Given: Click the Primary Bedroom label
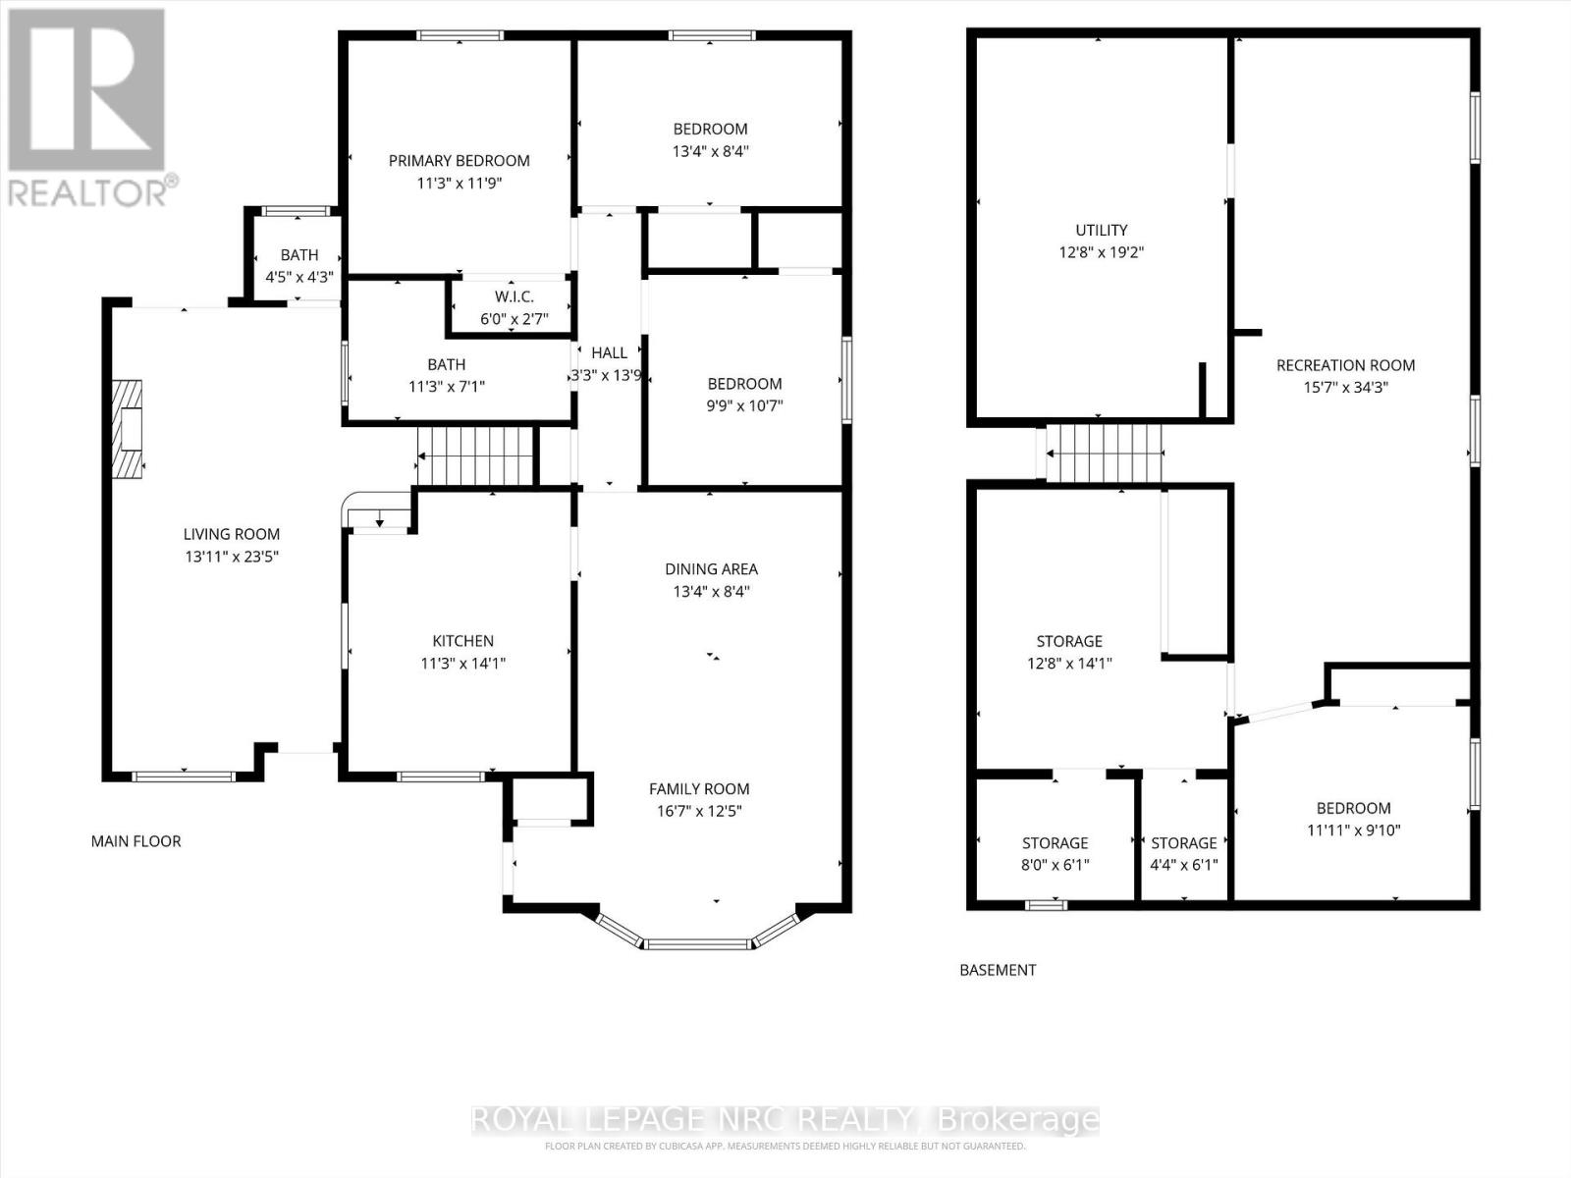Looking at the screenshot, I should pyautogui.click(x=459, y=161).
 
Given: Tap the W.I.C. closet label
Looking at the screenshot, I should pyautogui.click(x=514, y=296).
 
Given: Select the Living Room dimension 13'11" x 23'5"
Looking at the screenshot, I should pyautogui.click(x=232, y=557).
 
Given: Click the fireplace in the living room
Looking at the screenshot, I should pyautogui.click(x=126, y=429).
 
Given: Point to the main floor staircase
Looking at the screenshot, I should pyautogui.click(x=476, y=455).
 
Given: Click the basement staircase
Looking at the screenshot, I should pyautogui.click(x=1104, y=454).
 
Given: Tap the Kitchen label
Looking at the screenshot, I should pyautogui.click(x=462, y=641).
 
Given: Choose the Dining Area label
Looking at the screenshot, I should pyautogui.click(x=711, y=569).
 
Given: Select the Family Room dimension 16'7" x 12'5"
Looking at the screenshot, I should pyautogui.click(x=699, y=811).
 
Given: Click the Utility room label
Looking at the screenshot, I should pyautogui.click(x=1101, y=230).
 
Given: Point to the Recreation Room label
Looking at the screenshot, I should pyautogui.click(x=1345, y=365).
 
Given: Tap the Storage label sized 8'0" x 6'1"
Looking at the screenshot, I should pyautogui.click(x=1055, y=843).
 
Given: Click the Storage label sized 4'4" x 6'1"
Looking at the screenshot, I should pyautogui.click(x=1183, y=843).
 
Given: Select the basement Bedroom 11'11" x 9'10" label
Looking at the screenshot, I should pyautogui.click(x=1353, y=808).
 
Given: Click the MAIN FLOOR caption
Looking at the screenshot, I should pyautogui.click(x=135, y=841).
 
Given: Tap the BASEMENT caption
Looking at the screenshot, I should pyautogui.click(x=998, y=970).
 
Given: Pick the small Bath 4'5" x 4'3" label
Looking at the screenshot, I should pyautogui.click(x=299, y=255).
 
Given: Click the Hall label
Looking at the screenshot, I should pyautogui.click(x=609, y=352).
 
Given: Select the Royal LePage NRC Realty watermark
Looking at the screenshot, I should pyautogui.click(x=785, y=1120).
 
